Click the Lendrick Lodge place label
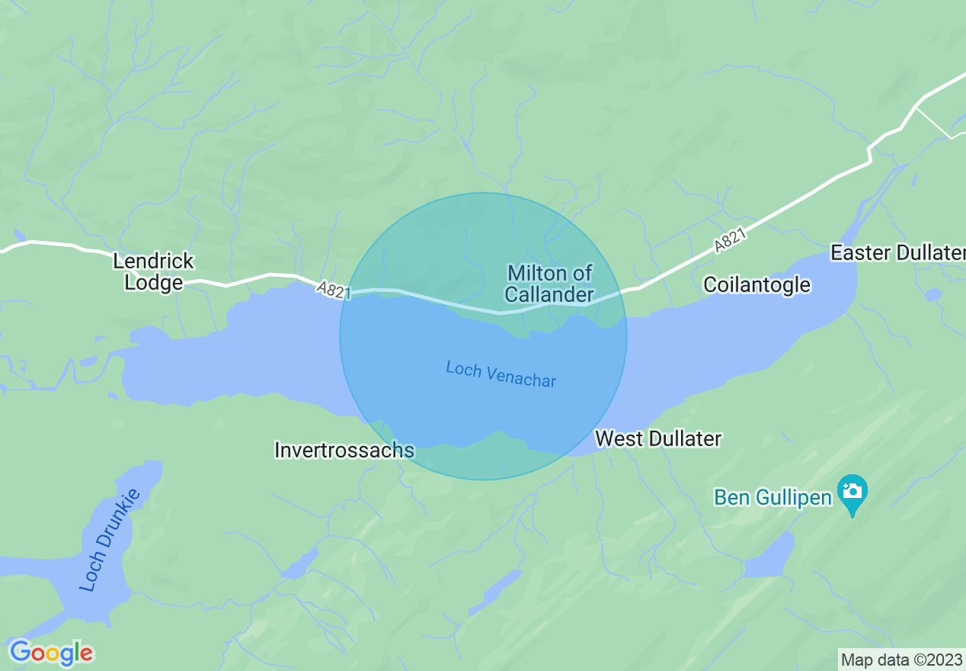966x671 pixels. [153, 271]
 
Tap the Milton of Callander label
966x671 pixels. [549, 284]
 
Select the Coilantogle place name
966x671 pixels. [756, 284]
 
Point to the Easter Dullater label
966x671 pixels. [897, 252]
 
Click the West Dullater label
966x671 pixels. [658, 438]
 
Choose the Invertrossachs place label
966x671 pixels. [344, 450]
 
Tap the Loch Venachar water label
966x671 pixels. [501, 374]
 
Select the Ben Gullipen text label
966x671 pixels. [772, 497]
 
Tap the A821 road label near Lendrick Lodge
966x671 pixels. [334, 290]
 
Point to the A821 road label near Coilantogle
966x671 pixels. [731, 240]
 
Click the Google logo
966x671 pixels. [51, 653]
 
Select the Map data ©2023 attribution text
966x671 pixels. [901, 659]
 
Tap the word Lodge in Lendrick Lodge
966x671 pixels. [154, 282]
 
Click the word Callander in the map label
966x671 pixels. [549, 294]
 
